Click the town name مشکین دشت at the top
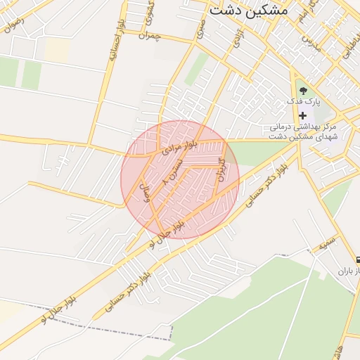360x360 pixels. [248, 11]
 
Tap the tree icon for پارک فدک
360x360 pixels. [303, 91]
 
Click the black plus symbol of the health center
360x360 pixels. [303, 115]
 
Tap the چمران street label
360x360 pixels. [150, 34]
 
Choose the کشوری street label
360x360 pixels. [149, 11]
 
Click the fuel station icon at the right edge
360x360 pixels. [357, 259]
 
